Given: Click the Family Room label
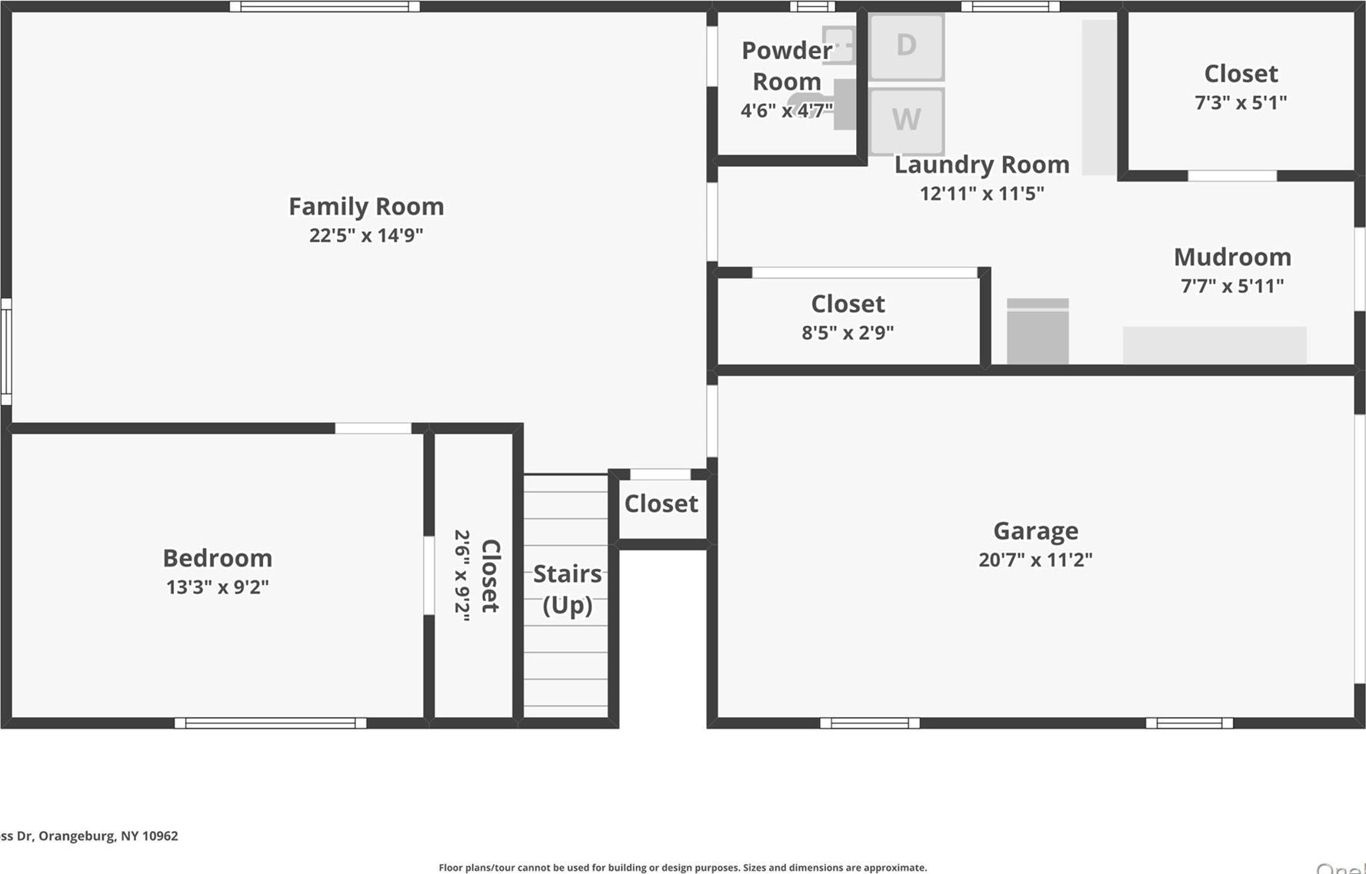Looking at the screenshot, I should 366,206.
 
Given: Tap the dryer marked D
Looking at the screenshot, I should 906,46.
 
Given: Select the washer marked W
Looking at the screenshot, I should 906,120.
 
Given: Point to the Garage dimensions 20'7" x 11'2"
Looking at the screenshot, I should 1035,560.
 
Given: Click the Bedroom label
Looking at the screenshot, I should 218,558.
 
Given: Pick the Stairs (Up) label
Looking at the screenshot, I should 568,589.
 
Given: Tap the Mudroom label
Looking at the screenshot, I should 1232,257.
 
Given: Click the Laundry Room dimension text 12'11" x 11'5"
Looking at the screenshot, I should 982,193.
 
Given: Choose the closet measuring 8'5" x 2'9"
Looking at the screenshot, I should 848,317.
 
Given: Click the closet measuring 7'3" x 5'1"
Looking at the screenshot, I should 1241,87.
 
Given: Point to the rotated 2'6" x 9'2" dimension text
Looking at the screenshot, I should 461,575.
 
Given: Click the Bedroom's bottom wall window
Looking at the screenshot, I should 271,723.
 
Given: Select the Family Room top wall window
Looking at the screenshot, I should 325,7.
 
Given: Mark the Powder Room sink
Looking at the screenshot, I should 838,45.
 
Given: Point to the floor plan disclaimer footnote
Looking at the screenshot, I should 682,867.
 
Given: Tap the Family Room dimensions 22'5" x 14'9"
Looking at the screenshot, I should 366,235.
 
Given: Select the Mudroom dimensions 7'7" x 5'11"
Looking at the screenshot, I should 1232,286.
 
